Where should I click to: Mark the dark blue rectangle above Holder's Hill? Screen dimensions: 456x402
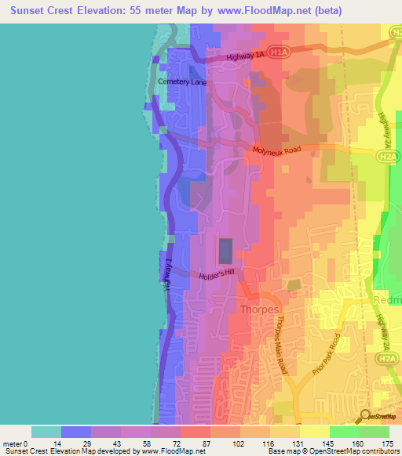[225, 252]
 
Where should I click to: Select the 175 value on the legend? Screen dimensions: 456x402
[386, 443]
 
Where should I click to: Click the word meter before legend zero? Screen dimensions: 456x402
[13, 443]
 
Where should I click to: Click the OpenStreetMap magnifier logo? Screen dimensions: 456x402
[365, 415]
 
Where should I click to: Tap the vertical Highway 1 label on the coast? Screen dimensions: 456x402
[166, 278]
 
